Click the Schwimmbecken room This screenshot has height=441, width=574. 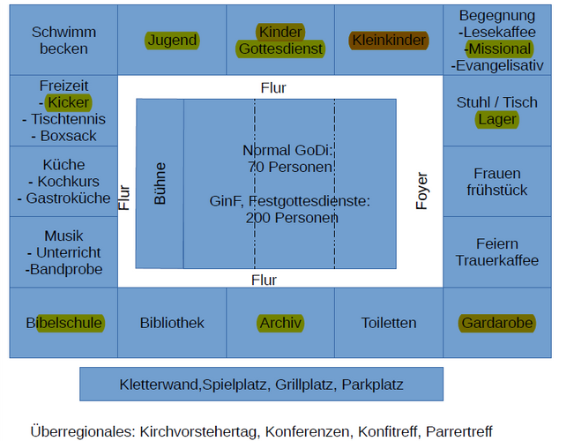63,40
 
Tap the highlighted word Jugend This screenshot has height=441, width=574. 172,41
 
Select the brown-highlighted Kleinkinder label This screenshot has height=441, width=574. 388,41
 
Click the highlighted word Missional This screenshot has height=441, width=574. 498,49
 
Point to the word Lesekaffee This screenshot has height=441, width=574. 500,32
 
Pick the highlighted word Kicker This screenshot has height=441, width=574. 69,102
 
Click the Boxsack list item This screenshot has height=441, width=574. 68,136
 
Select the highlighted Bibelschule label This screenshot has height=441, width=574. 64,323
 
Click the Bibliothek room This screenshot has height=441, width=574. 172,323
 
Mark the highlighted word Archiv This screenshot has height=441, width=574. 281,323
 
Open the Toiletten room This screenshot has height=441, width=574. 389,323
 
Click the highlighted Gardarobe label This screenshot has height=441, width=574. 497,323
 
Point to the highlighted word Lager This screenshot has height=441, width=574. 497,119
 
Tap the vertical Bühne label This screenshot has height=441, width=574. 160,183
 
